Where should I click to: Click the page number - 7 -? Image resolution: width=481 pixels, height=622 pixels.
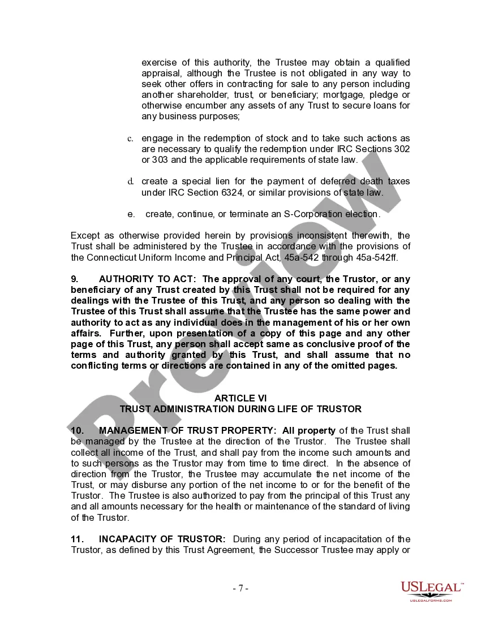point(240,588)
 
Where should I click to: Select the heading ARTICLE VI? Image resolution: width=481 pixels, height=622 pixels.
point(240,398)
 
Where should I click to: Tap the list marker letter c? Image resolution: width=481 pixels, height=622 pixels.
point(130,139)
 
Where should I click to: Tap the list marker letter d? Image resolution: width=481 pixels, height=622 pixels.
point(130,182)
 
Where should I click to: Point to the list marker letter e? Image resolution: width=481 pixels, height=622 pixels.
point(130,214)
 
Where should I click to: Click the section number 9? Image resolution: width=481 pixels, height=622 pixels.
point(74,279)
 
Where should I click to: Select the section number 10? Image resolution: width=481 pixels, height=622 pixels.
point(77,431)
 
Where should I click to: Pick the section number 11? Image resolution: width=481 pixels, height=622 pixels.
point(77,539)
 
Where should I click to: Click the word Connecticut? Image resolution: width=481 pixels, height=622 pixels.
point(112,257)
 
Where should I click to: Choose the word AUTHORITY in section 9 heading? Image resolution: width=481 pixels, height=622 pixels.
point(127,279)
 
